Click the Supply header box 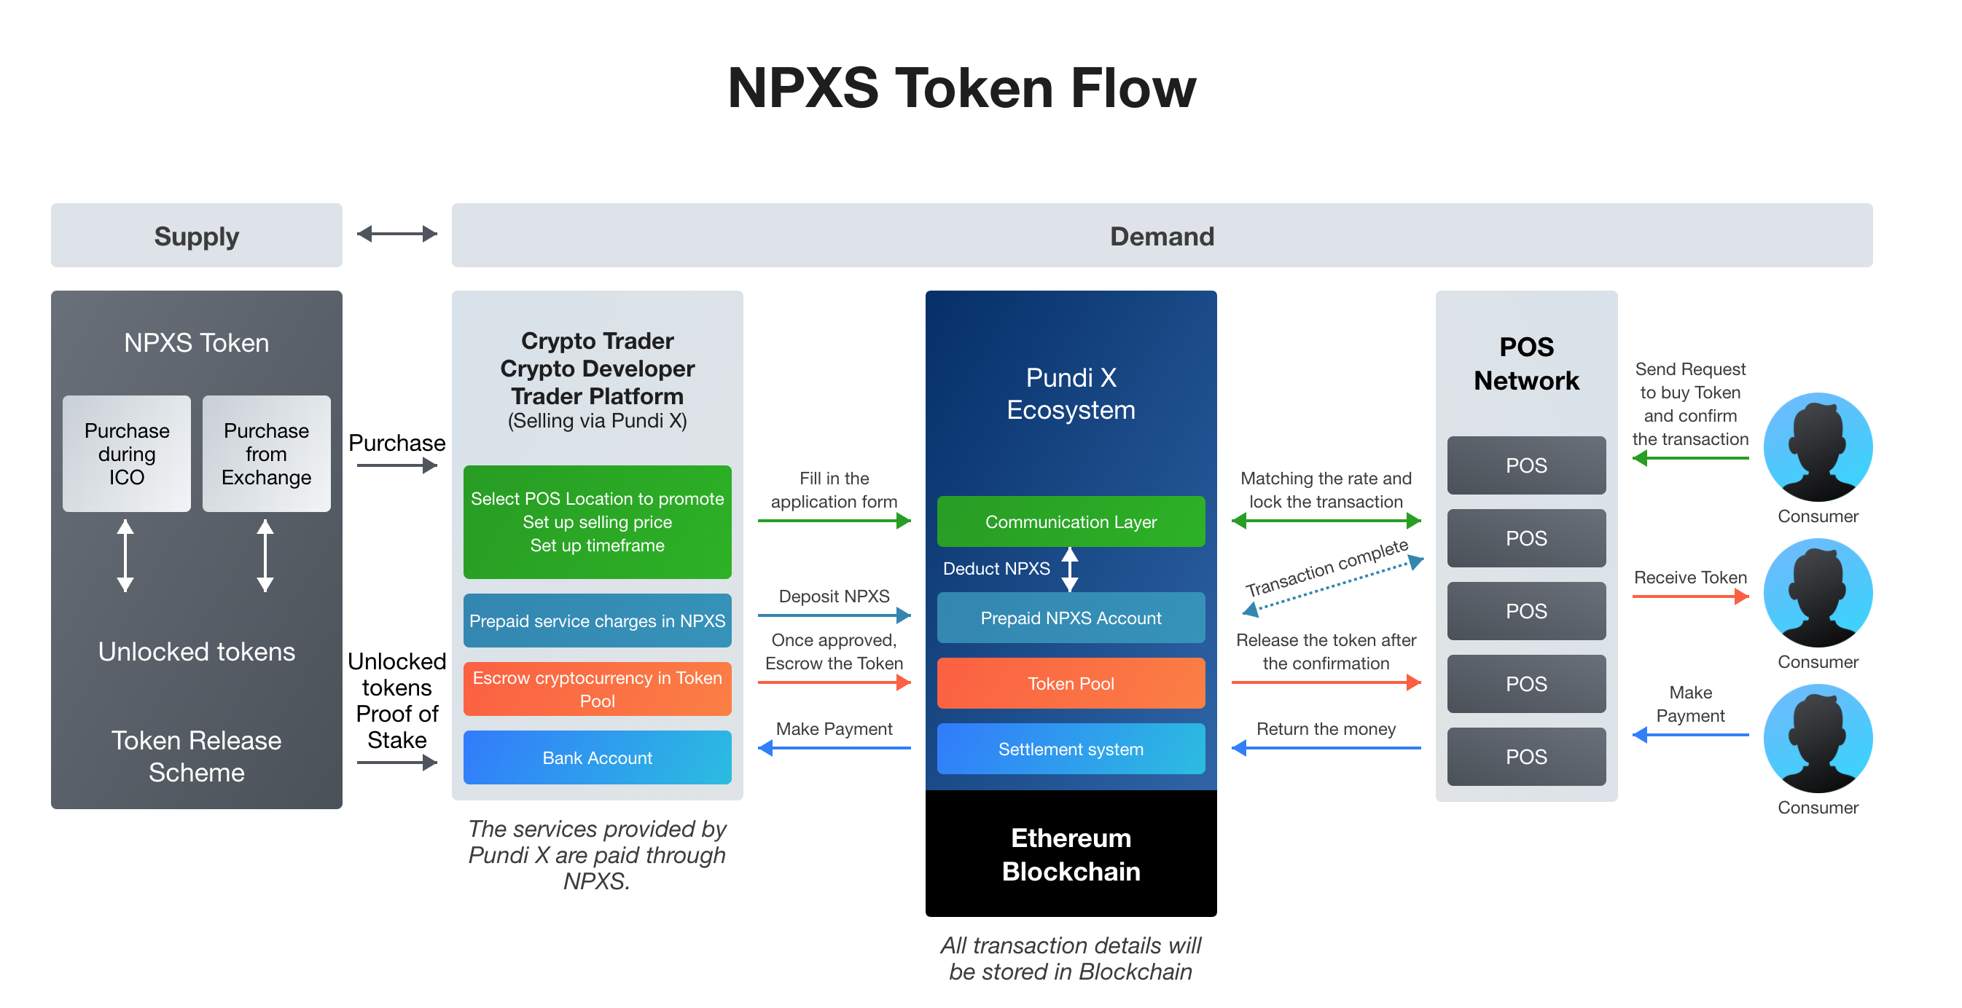tap(197, 235)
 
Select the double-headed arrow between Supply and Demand tap(396, 234)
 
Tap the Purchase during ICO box tap(126, 454)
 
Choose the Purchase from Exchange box tap(266, 454)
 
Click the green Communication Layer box tap(1070, 521)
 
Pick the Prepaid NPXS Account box tap(1070, 618)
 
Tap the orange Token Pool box tap(1070, 683)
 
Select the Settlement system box tap(1070, 749)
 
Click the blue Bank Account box tap(597, 757)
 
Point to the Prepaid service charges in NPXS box tap(597, 621)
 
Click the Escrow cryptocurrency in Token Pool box tap(597, 688)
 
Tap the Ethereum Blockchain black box tap(1070, 854)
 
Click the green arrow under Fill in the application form tap(834, 521)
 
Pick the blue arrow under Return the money tap(1325, 748)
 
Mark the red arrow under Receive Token tap(1689, 596)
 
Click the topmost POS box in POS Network tap(1525, 465)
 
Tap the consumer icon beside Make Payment tap(1817, 739)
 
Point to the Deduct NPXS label tap(996, 569)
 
